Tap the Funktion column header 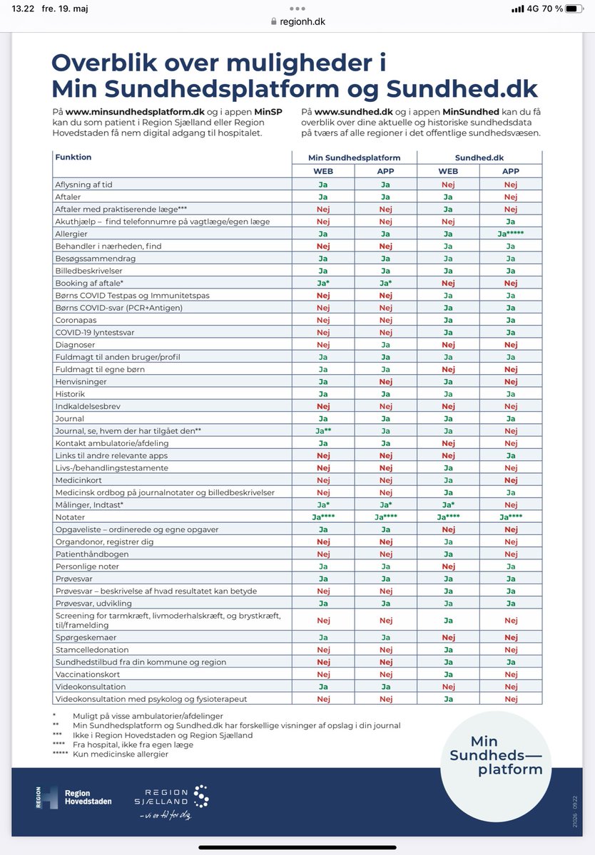click(x=73, y=157)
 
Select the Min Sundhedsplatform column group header click(x=354, y=157)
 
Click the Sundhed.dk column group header click(x=479, y=157)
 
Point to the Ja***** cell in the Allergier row click(x=511, y=234)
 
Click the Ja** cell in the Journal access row click(x=323, y=431)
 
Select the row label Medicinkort click(x=77, y=480)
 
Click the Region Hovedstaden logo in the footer click(x=74, y=797)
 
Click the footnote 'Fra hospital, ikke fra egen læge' click(x=133, y=745)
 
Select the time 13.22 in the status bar click(x=24, y=9)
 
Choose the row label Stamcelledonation click(x=92, y=650)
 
